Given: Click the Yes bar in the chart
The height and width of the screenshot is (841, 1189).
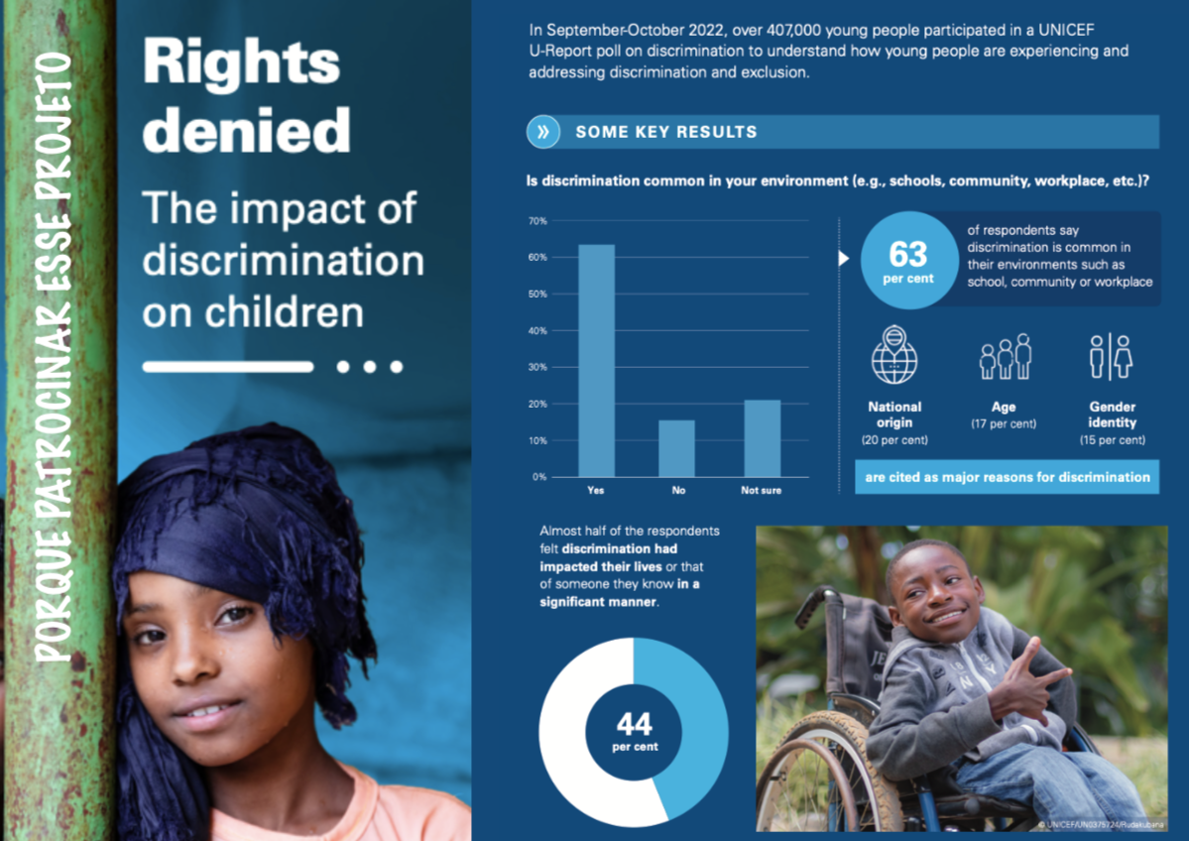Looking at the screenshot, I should click(x=596, y=361).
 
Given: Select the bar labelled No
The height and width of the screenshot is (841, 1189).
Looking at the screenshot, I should click(x=677, y=448).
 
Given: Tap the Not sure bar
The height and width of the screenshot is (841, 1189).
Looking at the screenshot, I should click(x=762, y=438).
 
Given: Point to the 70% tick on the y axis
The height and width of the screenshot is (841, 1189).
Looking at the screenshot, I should click(x=537, y=220).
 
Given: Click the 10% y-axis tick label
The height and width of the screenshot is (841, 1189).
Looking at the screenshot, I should click(x=537, y=440).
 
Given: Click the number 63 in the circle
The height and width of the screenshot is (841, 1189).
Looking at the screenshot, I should click(x=907, y=255).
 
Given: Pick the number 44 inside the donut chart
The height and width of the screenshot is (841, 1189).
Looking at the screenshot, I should click(x=633, y=723).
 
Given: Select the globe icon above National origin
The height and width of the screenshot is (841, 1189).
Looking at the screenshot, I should click(x=894, y=355).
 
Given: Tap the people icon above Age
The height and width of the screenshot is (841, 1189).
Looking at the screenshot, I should click(x=1005, y=357).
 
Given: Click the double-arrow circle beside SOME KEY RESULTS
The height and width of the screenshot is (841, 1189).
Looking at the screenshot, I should click(x=543, y=132).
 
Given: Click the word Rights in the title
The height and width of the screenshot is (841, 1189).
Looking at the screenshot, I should click(x=241, y=63).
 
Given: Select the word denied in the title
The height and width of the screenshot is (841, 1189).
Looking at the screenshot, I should click(x=246, y=130).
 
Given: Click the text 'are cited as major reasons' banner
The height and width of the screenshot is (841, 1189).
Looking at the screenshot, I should click(x=1007, y=477).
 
